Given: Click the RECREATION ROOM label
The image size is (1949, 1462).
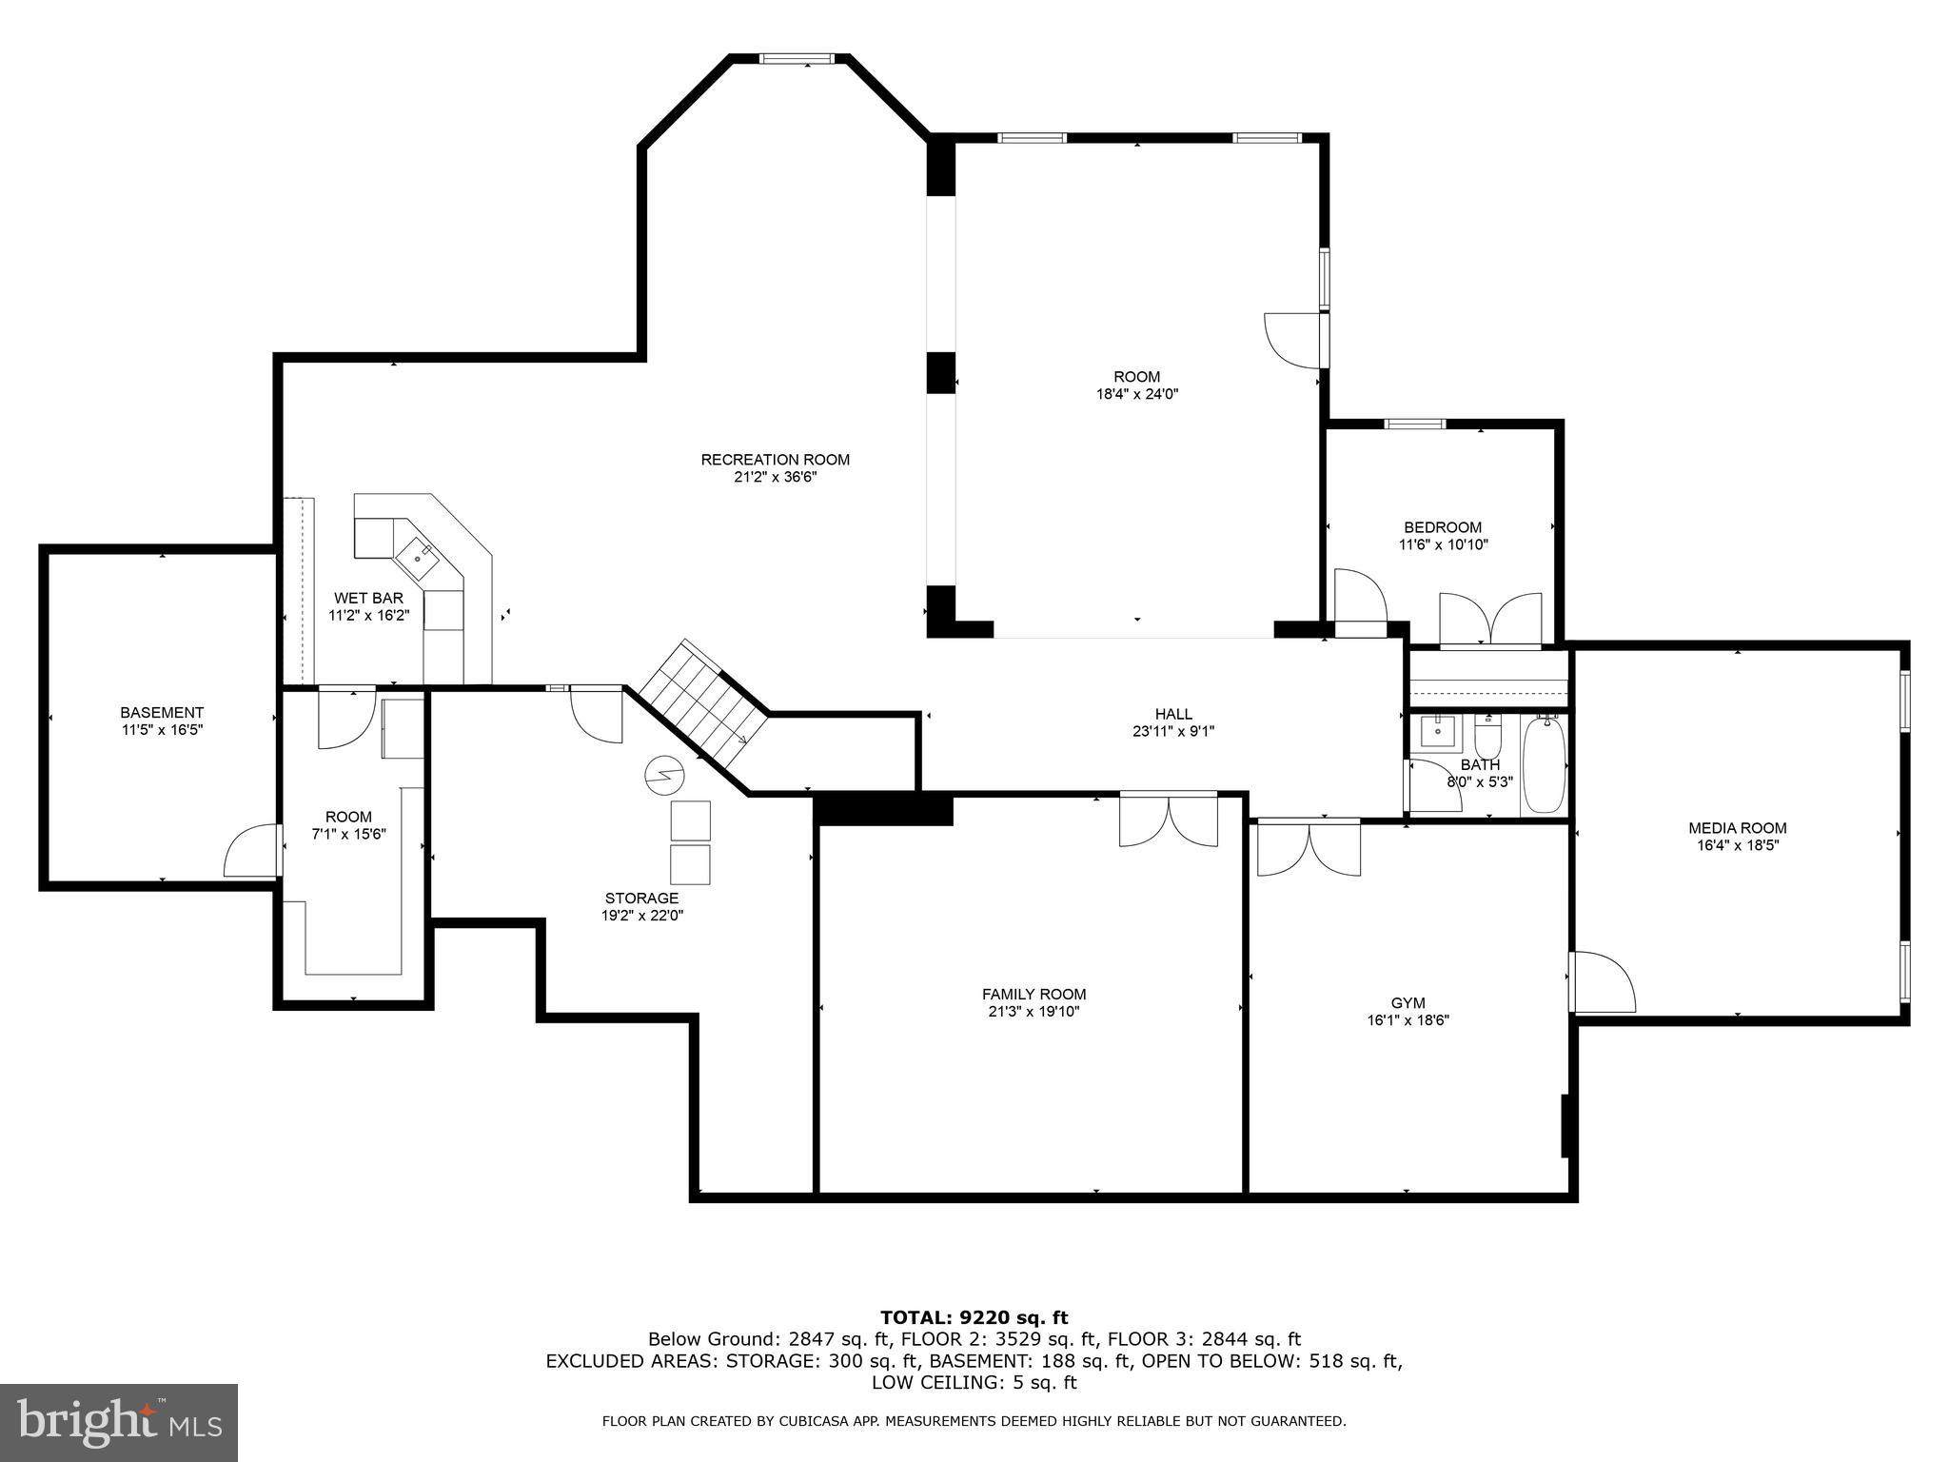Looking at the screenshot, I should point(775,460).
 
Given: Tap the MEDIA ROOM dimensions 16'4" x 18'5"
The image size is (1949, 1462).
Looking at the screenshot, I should point(1737,844).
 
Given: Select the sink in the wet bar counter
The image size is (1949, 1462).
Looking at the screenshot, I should point(419,558).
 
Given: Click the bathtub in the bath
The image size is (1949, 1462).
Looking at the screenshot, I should point(1544,764).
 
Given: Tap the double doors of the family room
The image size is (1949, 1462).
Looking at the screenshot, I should point(1169,819).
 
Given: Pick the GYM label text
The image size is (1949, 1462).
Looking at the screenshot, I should point(1408,1003).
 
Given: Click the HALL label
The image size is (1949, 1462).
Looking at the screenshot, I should point(1172,714).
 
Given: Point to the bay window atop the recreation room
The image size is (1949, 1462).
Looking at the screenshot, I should point(797,59).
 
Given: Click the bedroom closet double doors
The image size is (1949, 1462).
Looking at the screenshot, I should point(1490,620).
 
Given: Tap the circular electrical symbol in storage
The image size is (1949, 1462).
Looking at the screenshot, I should point(661,776).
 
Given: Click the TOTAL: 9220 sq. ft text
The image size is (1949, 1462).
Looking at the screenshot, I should point(974,1317).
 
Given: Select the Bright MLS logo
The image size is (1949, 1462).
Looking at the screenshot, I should point(119,1422).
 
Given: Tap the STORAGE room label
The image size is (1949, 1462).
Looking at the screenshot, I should point(641,898).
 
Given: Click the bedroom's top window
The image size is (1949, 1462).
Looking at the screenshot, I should point(1414,424).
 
